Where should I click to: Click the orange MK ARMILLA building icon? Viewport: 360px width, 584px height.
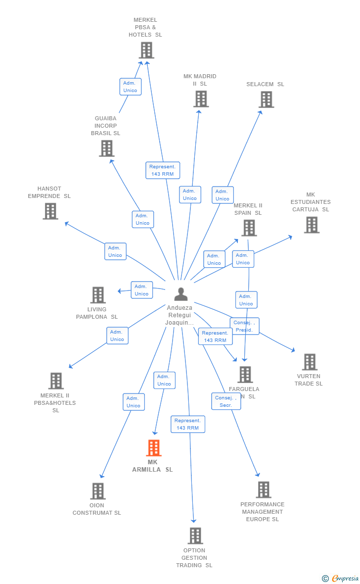point(154,448)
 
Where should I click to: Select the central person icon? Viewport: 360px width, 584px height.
point(181,294)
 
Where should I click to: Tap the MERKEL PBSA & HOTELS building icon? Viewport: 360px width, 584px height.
point(146,50)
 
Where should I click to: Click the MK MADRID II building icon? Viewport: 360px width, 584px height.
point(201,99)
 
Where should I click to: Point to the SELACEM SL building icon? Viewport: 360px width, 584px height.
point(266,99)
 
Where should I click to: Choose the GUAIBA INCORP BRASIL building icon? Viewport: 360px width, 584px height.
point(106,148)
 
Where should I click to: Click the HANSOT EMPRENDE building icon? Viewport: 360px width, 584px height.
point(50,211)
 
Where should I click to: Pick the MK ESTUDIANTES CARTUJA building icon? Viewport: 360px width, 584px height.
point(312,225)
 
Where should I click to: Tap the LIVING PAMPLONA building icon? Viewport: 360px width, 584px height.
point(98,295)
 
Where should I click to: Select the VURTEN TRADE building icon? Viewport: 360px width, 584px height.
point(310,362)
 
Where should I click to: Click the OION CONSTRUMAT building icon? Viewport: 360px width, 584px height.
point(98,491)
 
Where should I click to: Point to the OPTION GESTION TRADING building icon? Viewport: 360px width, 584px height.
point(195,535)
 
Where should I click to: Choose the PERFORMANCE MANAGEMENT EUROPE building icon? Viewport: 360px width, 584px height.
point(264,489)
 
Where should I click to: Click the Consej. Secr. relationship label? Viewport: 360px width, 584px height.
point(226,401)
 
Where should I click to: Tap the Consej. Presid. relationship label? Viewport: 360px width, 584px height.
point(245,326)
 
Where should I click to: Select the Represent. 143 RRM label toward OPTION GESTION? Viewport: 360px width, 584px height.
point(188,424)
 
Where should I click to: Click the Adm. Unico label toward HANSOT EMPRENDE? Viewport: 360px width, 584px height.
point(115,251)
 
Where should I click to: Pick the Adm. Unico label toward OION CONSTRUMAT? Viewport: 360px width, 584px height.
point(134,402)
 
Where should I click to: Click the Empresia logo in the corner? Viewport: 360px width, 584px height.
point(341,578)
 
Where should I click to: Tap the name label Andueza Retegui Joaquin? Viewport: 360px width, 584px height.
point(180,315)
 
